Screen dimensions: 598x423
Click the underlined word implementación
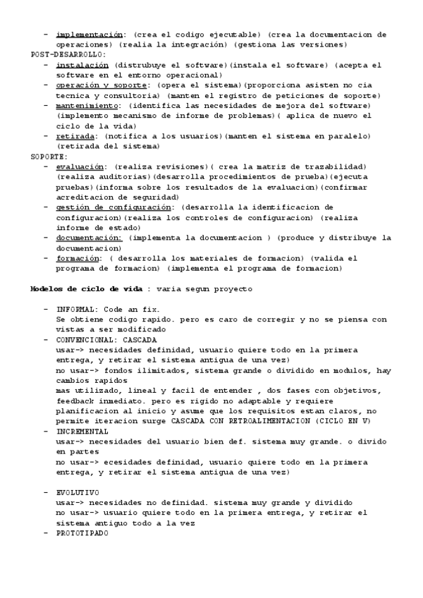(x=89, y=34)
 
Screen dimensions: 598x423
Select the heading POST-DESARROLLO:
(x=68, y=54)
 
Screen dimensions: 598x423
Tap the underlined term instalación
(x=82, y=65)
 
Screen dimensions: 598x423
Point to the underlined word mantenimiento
(x=87, y=106)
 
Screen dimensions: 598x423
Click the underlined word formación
(x=77, y=258)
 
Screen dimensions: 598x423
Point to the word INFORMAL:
(x=79, y=309)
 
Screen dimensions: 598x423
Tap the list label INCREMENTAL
(x=82, y=431)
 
